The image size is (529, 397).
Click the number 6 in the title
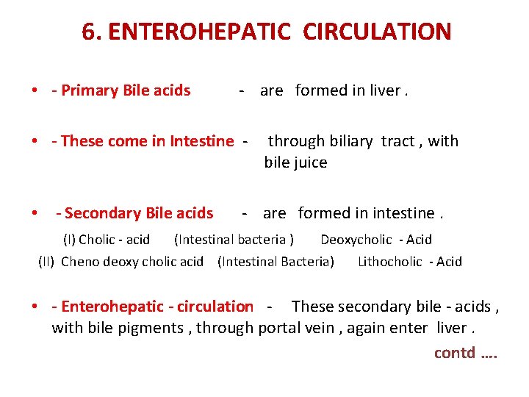click(88, 32)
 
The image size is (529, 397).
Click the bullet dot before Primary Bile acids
click(35, 91)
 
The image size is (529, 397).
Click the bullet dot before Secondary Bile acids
click(35, 214)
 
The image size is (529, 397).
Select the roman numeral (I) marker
click(68, 240)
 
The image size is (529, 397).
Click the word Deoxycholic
click(356, 240)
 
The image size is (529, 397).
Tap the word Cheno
click(80, 262)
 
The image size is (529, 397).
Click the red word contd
click(454, 352)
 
